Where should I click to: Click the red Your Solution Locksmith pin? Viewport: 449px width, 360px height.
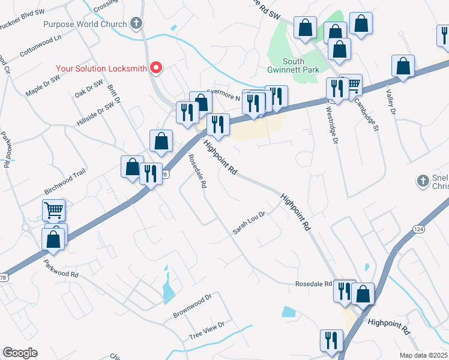click(156, 67)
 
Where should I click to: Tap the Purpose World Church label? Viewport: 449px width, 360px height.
click(85, 25)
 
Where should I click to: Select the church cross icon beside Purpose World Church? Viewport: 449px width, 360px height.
click(136, 24)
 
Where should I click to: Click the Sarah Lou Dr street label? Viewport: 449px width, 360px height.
click(249, 222)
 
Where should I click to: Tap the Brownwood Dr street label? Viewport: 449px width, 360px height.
click(193, 306)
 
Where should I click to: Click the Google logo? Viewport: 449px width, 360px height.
click(20, 352)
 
